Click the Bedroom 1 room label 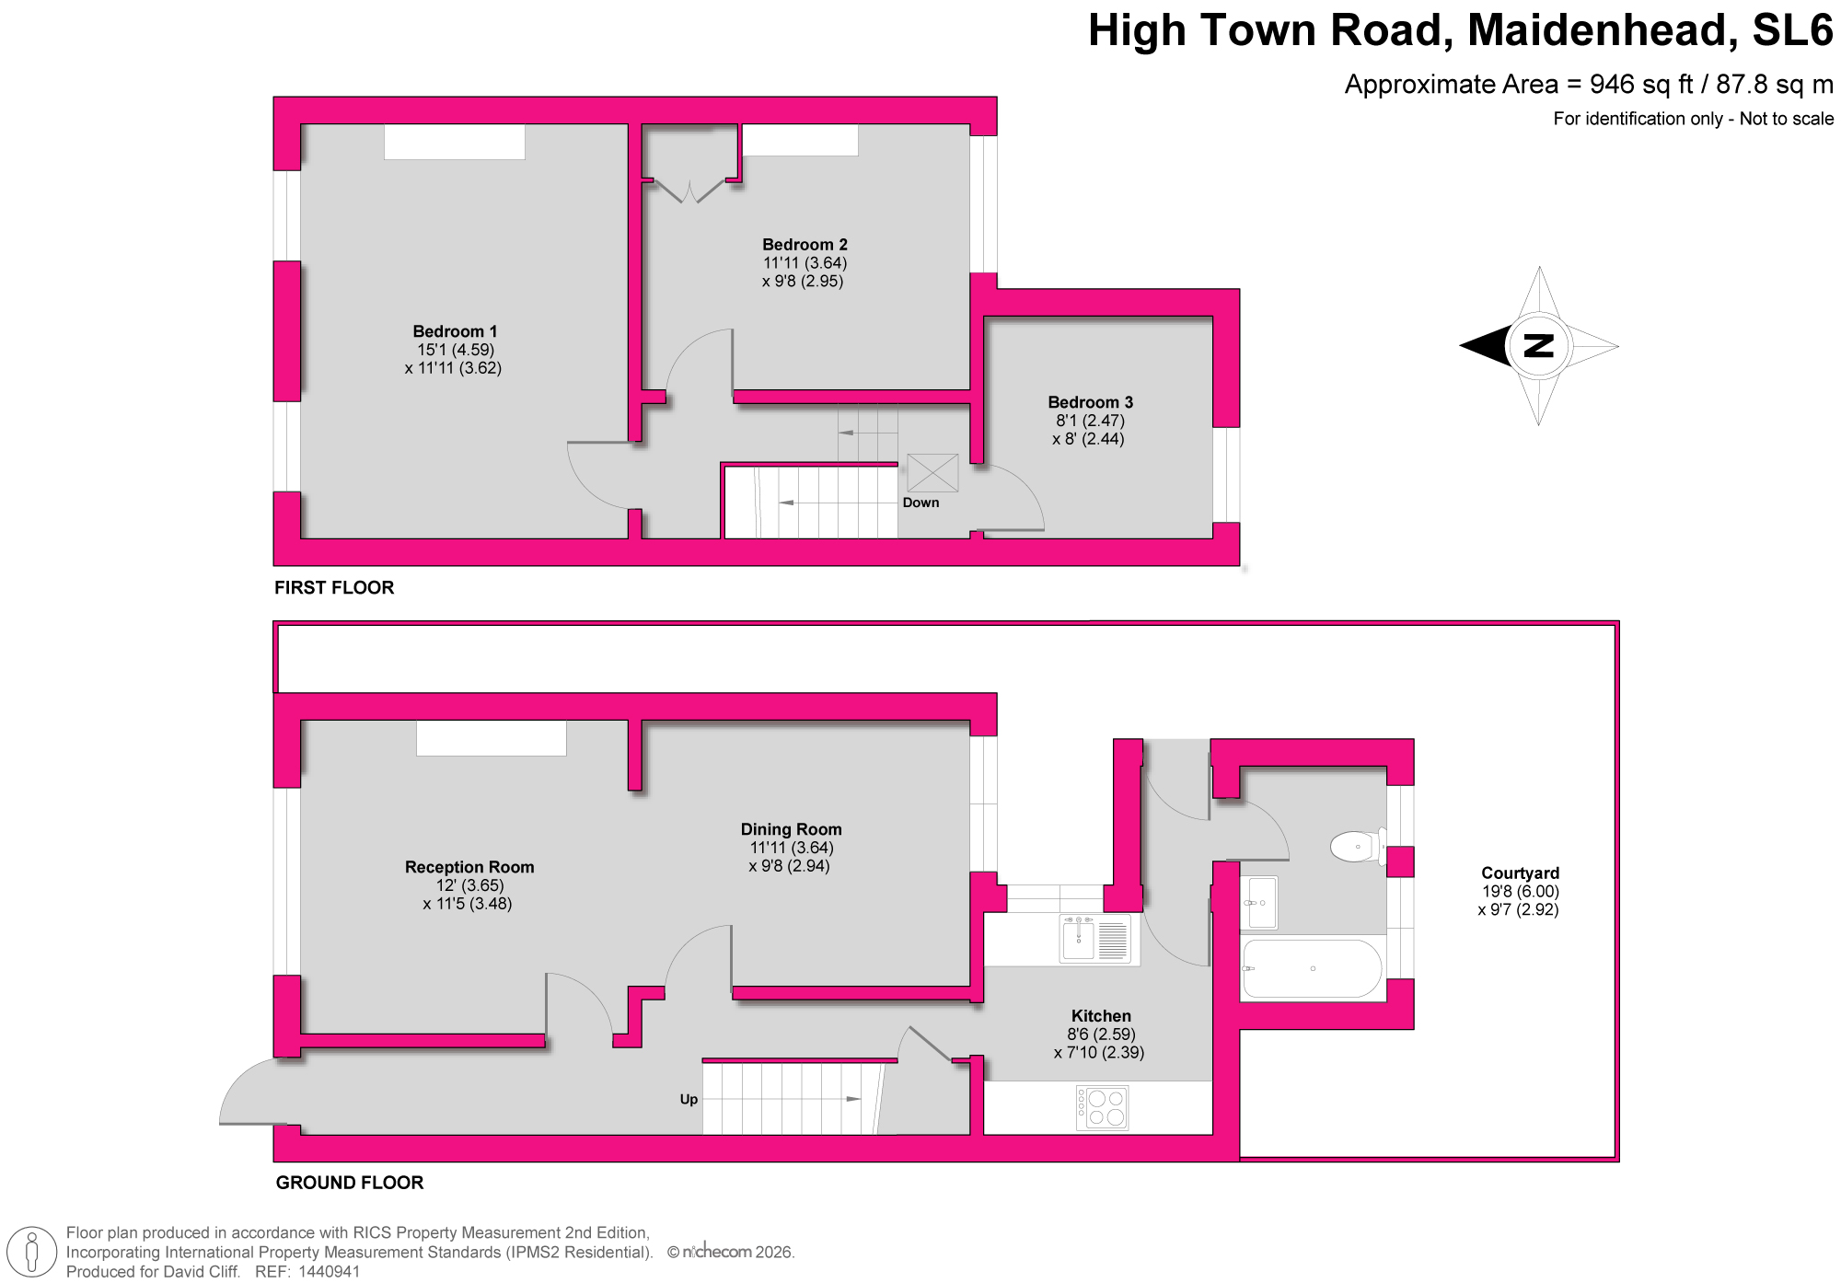pyautogui.click(x=455, y=331)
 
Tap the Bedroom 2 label pyautogui.click(x=805, y=245)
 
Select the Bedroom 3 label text pyautogui.click(x=1090, y=402)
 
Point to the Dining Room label pyautogui.click(x=791, y=829)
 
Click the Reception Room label pyautogui.click(x=469, y=867)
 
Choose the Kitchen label pyautogui.click(x=1101, y=1016)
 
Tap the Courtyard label pyautogui.click(x=1520, y=873)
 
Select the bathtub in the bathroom pyautogui.click(x=1312, y=969)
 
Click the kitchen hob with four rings pyautogui.click(x=1103, y=1107)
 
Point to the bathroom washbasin pyautogui.click(x=1259, y=902)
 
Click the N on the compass pyautogui.click(x=1539, y=346)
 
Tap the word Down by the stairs pyautogui.click(x=920, y=503)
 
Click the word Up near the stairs pyautogui.click(x=689, y=1100)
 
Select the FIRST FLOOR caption pyautogui.click(x=334, y=587)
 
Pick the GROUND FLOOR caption pyautogui.click(x=350, y=1183)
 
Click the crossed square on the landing pyautogui.click(x=932, y=473)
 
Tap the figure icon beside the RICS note pyautogui.click(x=31, y=1254)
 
